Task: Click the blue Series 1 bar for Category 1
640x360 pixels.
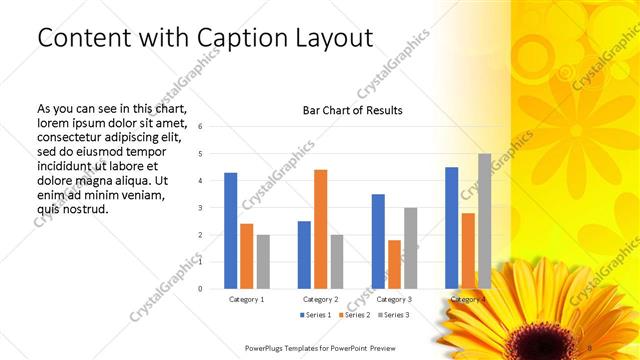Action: (231, 231)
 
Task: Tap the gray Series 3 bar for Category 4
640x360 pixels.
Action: (485, 221)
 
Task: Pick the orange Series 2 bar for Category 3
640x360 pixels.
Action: (394, 264)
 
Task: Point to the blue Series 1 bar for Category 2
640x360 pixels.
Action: (304, 255)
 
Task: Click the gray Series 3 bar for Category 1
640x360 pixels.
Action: (263, 262)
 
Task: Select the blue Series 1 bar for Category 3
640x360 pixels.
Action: (378, 241)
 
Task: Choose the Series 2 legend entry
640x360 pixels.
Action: (355, 315)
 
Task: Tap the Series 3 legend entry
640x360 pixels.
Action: (393, 315)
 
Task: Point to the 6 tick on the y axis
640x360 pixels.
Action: (201, 127)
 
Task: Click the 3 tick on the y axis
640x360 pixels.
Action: (201, 208)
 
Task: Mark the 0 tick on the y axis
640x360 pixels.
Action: (201, 289)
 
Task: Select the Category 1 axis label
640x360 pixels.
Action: (247, 299)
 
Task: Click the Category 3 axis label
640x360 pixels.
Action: (394, 299)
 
